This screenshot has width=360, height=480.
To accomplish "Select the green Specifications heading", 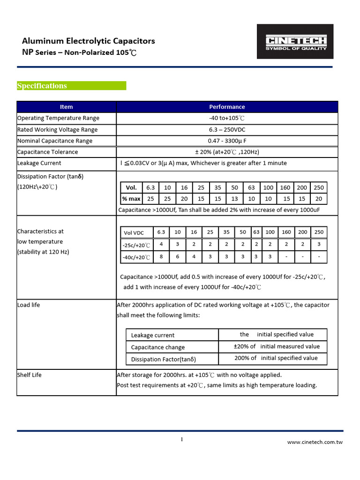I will click(42, 86).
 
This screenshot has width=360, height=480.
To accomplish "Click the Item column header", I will click(66, 107).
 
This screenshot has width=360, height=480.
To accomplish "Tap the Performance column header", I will click(227, 107).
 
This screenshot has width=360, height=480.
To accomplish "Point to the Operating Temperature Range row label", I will click(58, 118).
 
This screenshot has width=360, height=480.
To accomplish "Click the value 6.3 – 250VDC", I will click(227, 129).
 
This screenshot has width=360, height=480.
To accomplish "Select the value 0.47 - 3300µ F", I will click(227, 141).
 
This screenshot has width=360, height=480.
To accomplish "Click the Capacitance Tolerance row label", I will click(47, 152).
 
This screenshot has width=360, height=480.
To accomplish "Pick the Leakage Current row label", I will click(39, 163).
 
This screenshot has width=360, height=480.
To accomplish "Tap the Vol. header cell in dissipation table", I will click(131, 187).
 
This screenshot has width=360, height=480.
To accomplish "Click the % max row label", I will click(131, 199).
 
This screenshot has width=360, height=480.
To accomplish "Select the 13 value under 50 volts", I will click(235, 199).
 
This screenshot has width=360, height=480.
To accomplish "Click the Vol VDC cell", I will click(134, 233).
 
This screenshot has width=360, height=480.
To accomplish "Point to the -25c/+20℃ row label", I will click(136, 245).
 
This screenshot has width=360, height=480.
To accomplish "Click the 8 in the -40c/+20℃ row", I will click(161, 257).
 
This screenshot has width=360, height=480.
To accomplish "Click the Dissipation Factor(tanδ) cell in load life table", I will click(163, 360).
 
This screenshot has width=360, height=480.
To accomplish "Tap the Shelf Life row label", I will click(30, 375).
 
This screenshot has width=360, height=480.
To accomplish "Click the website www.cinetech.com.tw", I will click(315, 442).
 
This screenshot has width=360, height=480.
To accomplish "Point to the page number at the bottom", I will click(182, 439).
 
